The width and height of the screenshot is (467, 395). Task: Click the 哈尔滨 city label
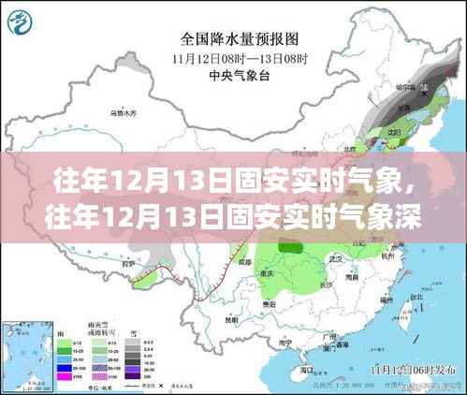[x=432, y=87]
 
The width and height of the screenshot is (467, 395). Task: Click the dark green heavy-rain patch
[x=299, y=250]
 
